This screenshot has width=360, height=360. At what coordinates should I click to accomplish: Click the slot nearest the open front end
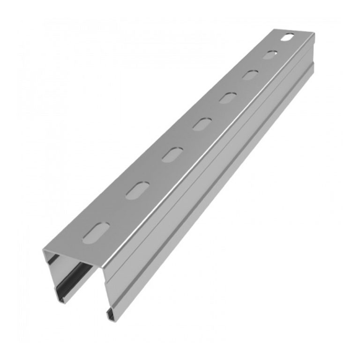click(x=96, y=232)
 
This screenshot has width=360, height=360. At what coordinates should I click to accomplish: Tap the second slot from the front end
click(x=136, y=191)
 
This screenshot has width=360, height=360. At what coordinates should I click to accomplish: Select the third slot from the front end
click(x=172, y=155)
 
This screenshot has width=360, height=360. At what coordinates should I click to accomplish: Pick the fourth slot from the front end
click(x=202, y=124)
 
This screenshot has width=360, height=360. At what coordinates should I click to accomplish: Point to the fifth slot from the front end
click(x=228, y=98)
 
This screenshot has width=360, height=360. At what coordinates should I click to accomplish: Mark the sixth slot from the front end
click(x=250, y=75)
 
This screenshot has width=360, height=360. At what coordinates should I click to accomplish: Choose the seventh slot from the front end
click(x=270, y=55)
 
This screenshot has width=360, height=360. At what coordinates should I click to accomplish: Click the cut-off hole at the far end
click(x=288, y=37)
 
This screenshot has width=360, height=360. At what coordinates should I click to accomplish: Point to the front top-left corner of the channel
click(x=44, y=250)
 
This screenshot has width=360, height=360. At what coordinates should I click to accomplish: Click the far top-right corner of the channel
click(x=314, y=35)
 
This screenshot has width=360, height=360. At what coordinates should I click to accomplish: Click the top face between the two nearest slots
click(x=116, y=212)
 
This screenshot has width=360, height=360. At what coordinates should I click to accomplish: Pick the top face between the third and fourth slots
click(x=187, y=140)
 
